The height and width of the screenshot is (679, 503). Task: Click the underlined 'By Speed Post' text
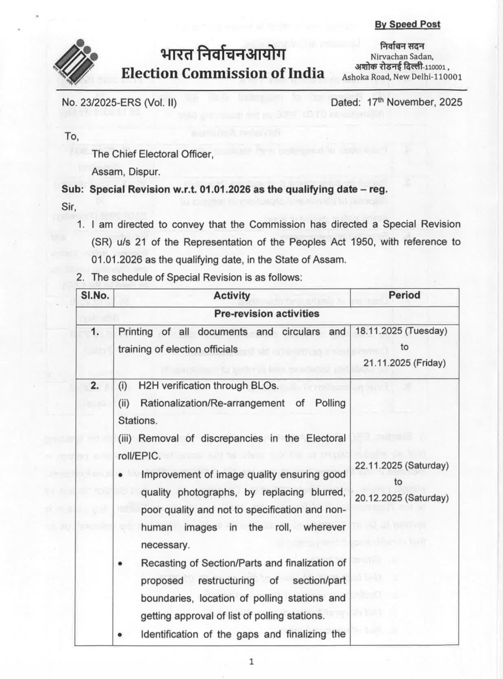pos(407,24)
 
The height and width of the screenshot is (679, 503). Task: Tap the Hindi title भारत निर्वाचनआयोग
pos(223,54)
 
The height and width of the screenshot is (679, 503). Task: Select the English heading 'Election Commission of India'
pos(223,73)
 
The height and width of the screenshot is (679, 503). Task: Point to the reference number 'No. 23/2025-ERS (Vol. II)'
pos(119,102)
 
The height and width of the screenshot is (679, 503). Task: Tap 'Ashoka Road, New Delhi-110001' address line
pos(402,77)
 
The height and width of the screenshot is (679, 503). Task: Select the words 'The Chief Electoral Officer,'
pos(153,154)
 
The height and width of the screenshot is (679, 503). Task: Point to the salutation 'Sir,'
pos(69,207)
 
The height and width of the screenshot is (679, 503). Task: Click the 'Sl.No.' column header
pos(95,296)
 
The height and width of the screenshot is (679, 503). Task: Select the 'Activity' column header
pos(232,296)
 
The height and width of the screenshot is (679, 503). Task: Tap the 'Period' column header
pos(404,295)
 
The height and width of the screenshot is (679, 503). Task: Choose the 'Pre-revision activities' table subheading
pos(267,314)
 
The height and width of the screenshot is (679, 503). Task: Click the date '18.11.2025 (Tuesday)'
pos(401,331)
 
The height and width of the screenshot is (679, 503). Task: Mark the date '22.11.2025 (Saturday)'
pos(402,466)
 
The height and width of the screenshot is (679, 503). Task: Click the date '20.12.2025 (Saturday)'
pos(402,498)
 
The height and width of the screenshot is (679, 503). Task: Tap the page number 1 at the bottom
pos(251,661)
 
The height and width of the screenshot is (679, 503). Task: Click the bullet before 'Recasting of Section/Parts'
pos(120,564)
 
